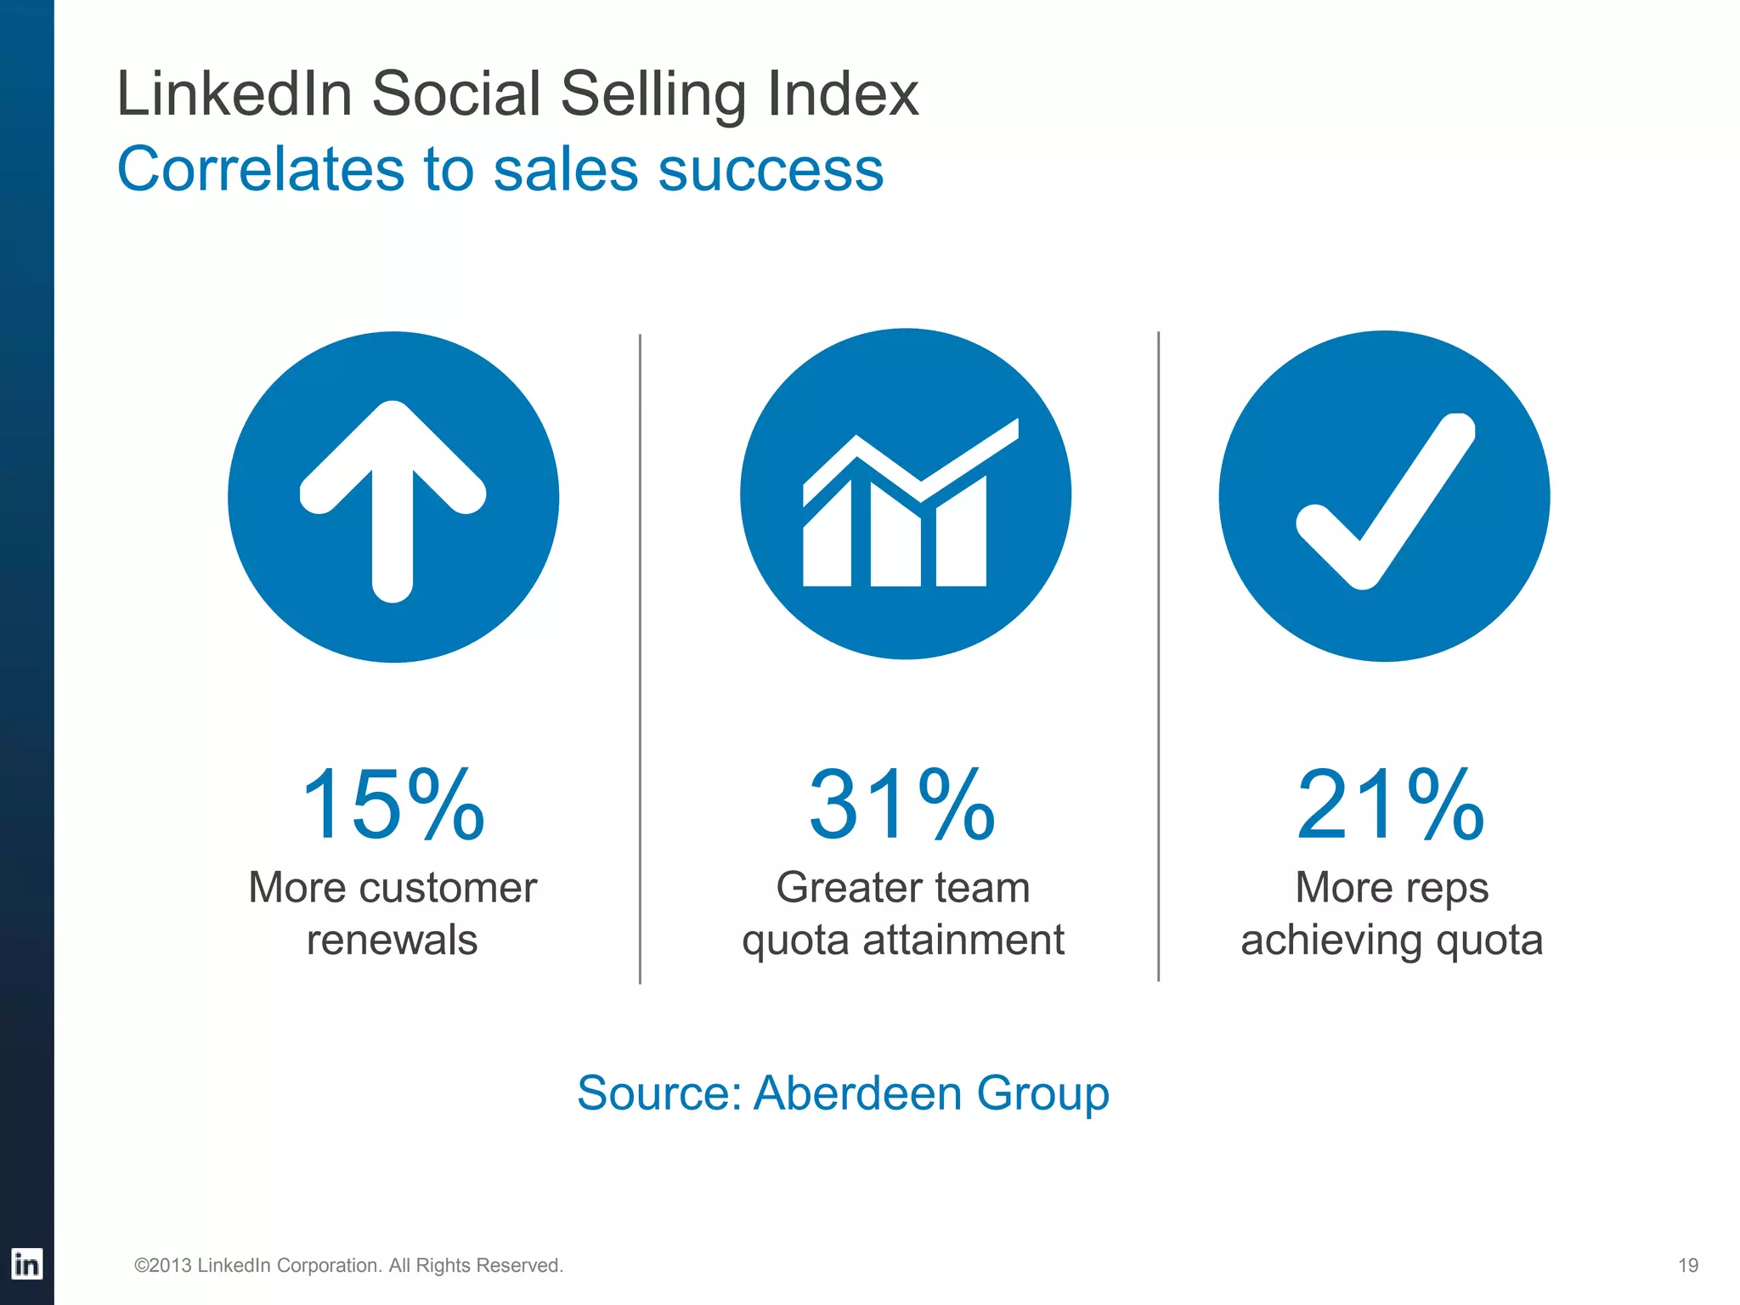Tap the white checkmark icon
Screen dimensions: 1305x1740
tap(1385, 501)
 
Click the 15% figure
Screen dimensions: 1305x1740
tap(393, 804)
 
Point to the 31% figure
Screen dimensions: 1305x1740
tap(901, 804)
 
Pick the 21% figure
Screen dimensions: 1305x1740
tap(1390, 804)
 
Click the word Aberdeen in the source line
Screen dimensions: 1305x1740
tap(858, 1093)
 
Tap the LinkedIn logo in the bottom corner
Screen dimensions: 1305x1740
tap(26, 1264)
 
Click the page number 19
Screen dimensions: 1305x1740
tap(1688, 1265)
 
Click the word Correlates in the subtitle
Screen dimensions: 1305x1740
tap(260, 169)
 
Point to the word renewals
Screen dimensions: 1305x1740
tap(392, 940)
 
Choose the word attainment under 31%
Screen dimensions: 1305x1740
tap(963, 940)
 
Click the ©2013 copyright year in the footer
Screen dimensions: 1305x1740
tap(163, 1265)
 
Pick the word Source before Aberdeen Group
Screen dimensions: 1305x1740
tap(660, 1093)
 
